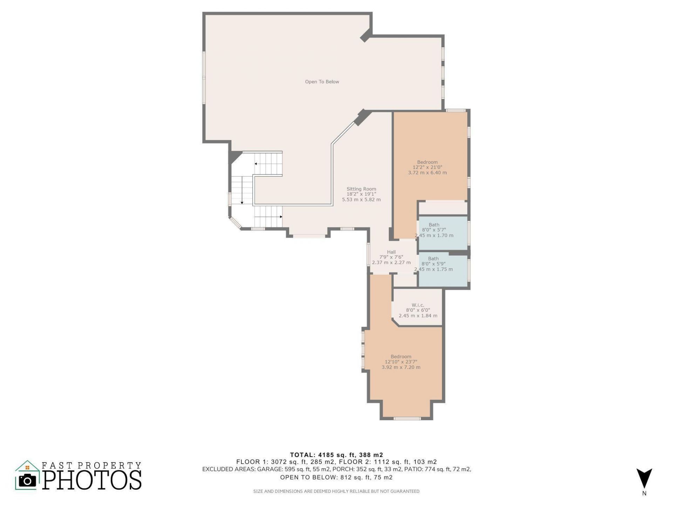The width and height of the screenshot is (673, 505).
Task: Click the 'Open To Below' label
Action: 322,82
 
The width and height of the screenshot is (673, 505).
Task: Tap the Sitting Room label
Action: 361,189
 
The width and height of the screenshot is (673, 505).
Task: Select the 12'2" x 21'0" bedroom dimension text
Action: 427,167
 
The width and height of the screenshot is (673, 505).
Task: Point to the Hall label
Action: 391,252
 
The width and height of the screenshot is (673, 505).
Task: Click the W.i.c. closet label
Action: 418,305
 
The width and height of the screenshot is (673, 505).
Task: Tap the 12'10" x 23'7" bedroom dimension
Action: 401,362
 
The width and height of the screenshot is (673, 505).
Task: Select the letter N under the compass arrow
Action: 644,493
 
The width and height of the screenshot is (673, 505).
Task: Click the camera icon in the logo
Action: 27,480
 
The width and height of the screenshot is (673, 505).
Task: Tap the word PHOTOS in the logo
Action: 93,480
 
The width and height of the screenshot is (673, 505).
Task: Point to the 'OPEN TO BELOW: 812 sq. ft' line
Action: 336,477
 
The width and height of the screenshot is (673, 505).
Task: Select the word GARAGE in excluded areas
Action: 269,469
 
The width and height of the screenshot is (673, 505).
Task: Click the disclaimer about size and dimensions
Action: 336,491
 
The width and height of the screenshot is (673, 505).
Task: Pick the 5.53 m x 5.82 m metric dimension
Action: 361,200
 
